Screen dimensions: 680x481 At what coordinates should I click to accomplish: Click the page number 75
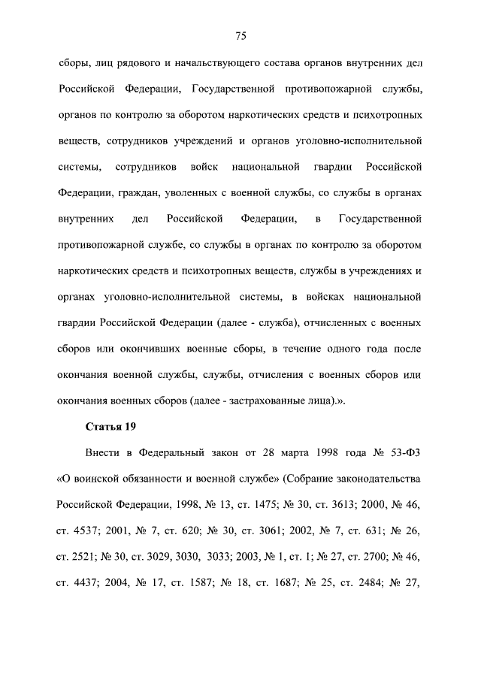(240, 36)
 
